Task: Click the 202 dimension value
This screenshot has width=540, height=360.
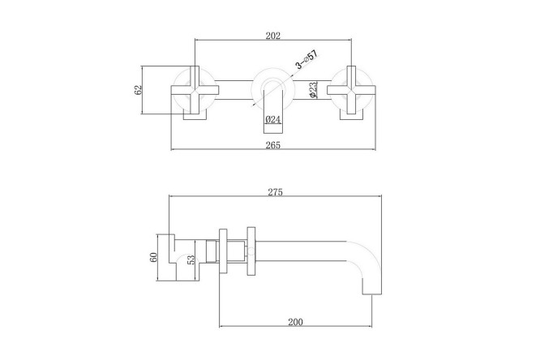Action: click(273, 36)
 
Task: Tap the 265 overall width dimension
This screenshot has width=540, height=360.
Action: click(273, 145)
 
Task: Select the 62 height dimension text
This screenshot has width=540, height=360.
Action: click(138, 90)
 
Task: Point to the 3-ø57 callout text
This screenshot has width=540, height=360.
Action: click(306, 59)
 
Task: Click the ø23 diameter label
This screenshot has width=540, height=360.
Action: click(313, 89)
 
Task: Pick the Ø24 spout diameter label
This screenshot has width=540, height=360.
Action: click(273, 119)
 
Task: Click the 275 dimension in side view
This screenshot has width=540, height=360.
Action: click(275, 192)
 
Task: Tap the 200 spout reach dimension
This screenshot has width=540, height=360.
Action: click(295, 322)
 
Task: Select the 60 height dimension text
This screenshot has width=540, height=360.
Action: click(153, 257)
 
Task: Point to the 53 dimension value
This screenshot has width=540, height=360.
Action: click(191, 259)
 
